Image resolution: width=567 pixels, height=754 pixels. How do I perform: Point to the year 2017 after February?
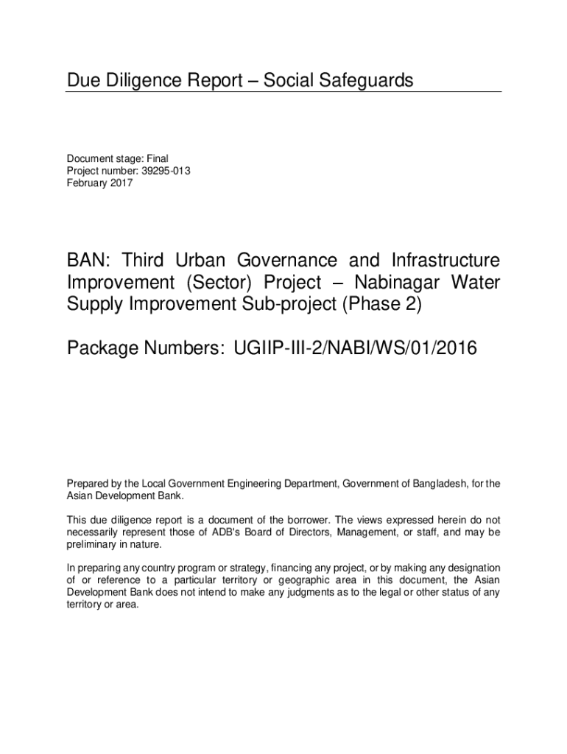[x=121, y=183]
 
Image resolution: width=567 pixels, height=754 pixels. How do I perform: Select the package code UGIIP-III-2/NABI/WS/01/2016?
[x=356, y=348]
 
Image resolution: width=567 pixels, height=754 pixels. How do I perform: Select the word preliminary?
[x=92, y=544]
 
